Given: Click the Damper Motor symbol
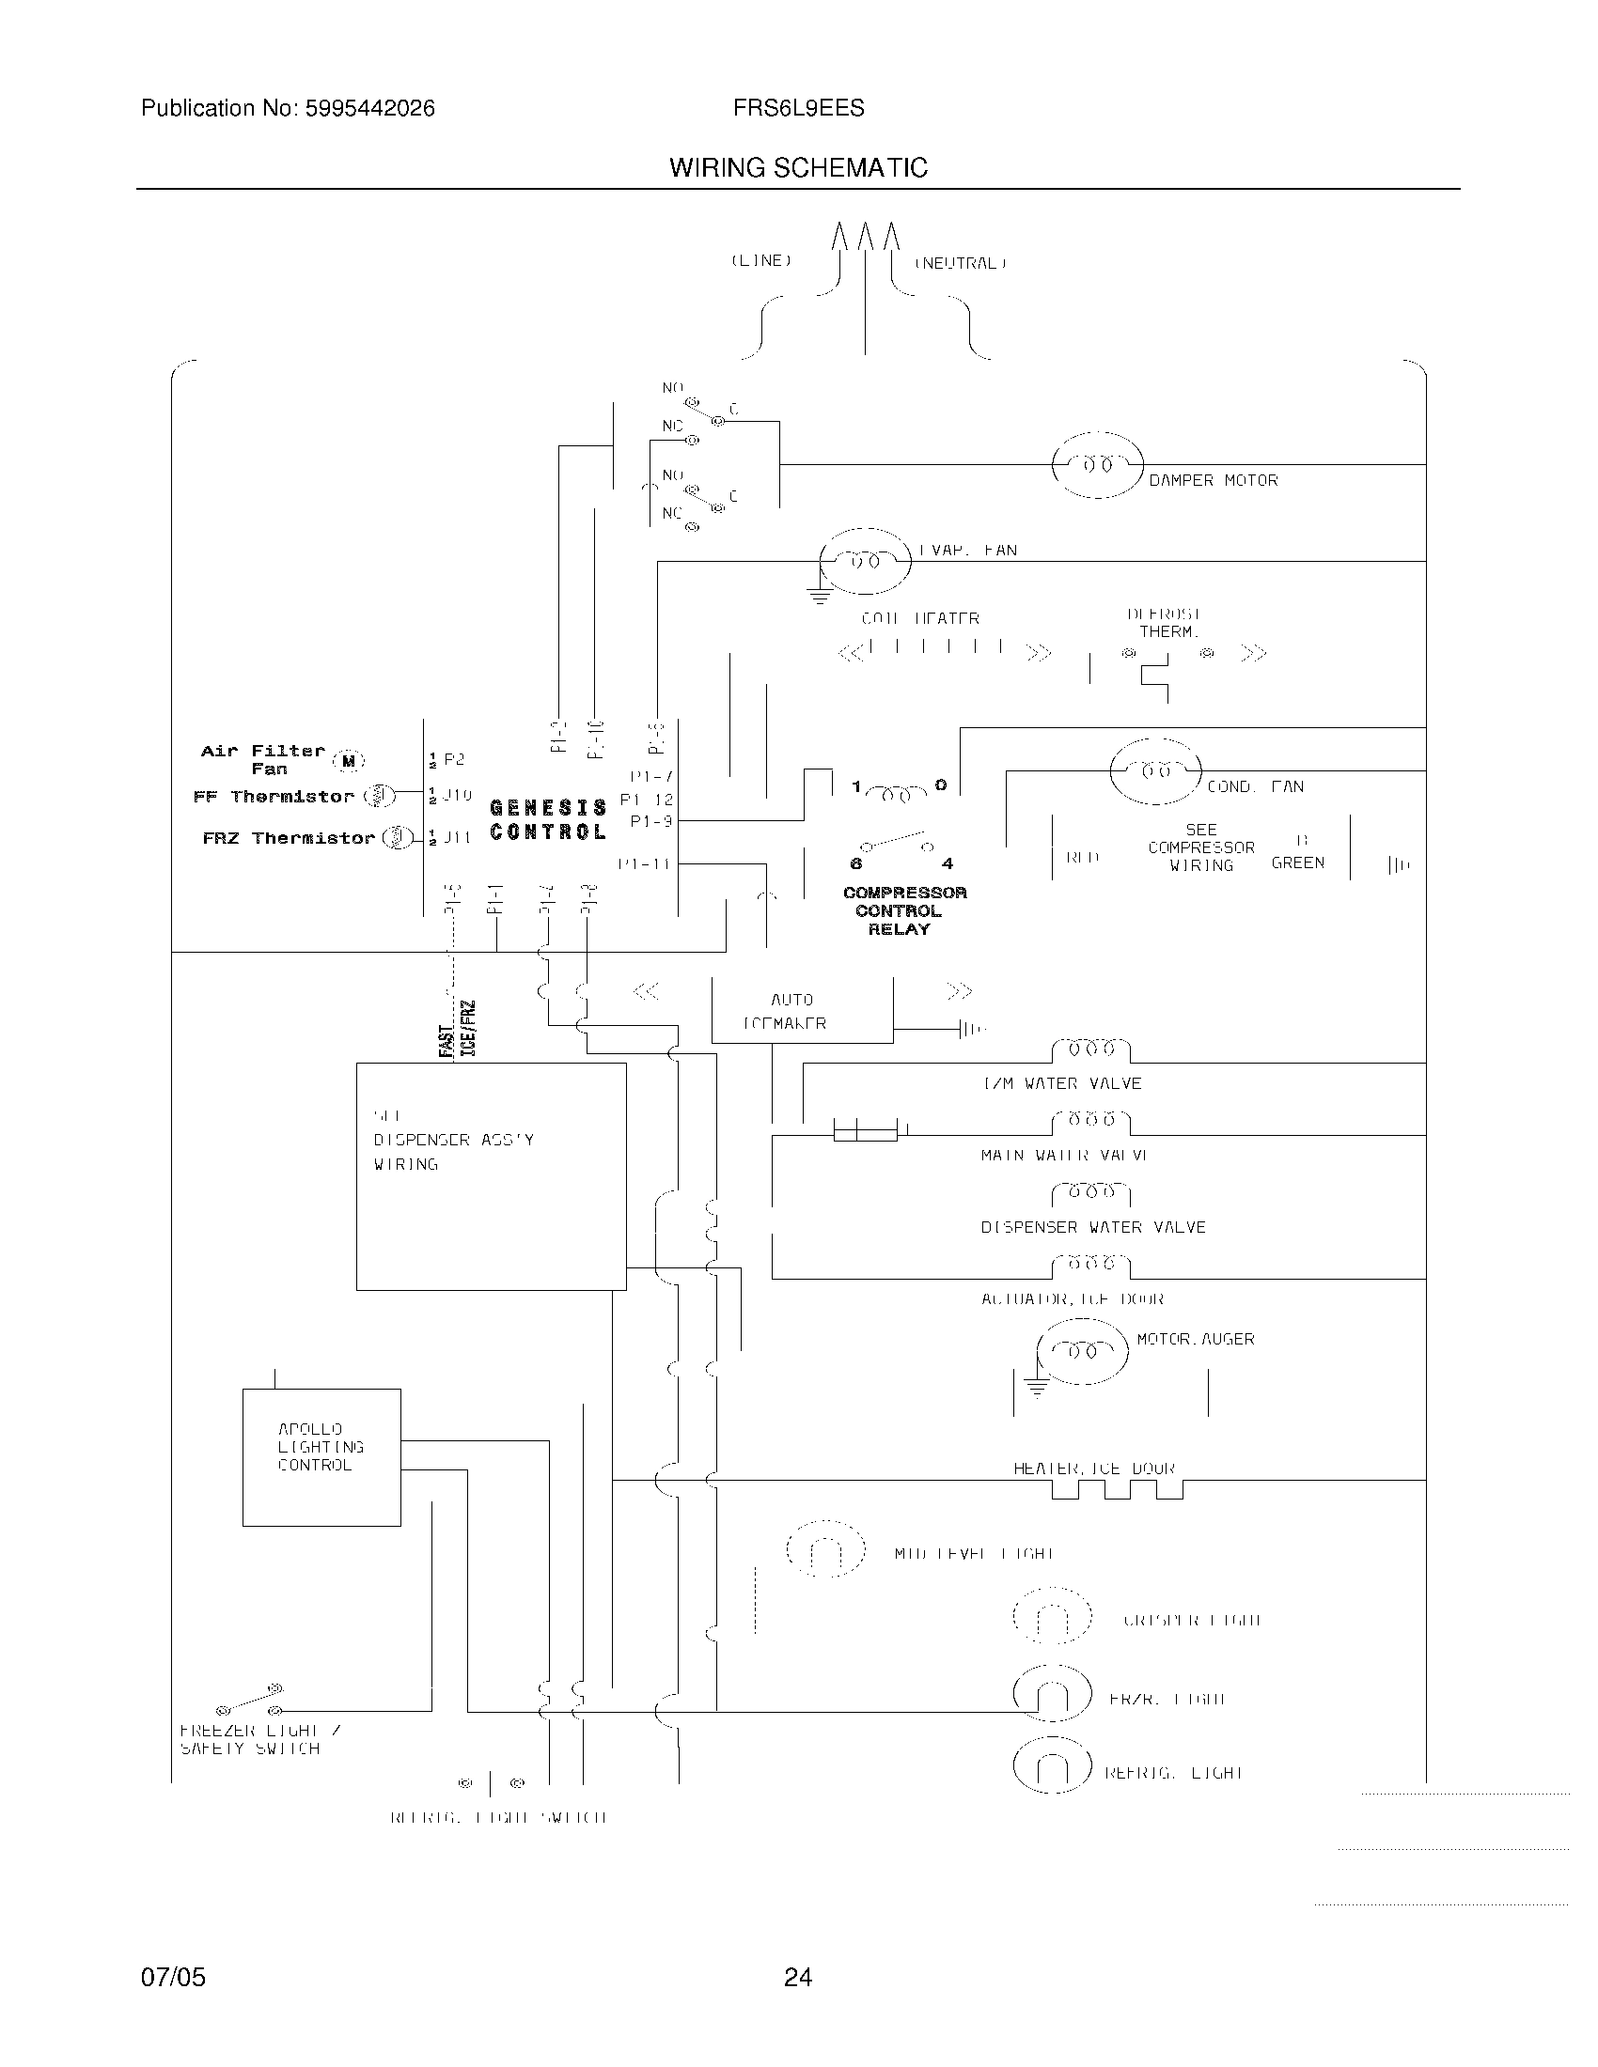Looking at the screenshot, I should pos(1097,465).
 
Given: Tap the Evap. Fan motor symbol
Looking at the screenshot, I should pos(864,561).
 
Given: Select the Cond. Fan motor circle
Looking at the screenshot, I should pos(1155,771).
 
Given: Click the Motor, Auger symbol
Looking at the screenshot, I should pos(1082,1350).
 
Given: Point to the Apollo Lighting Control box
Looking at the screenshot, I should pos(321,1456).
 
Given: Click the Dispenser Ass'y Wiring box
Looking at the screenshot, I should pos(491,1175).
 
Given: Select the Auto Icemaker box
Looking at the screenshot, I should pos(801,1011).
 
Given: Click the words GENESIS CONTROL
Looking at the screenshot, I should pos(547,819).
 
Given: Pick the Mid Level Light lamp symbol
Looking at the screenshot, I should pos(825,1548).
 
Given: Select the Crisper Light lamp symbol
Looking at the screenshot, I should pos(1052,1616).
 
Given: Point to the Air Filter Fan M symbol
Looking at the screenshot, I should pos(349,760).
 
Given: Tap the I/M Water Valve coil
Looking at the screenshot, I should pos(1090,1049).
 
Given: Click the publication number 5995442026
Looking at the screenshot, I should pos(369,109).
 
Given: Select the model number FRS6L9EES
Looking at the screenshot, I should pos(798,109).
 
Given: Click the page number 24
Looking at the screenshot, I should pos(797,1977).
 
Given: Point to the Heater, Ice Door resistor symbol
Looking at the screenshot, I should pos(1117,1491).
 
